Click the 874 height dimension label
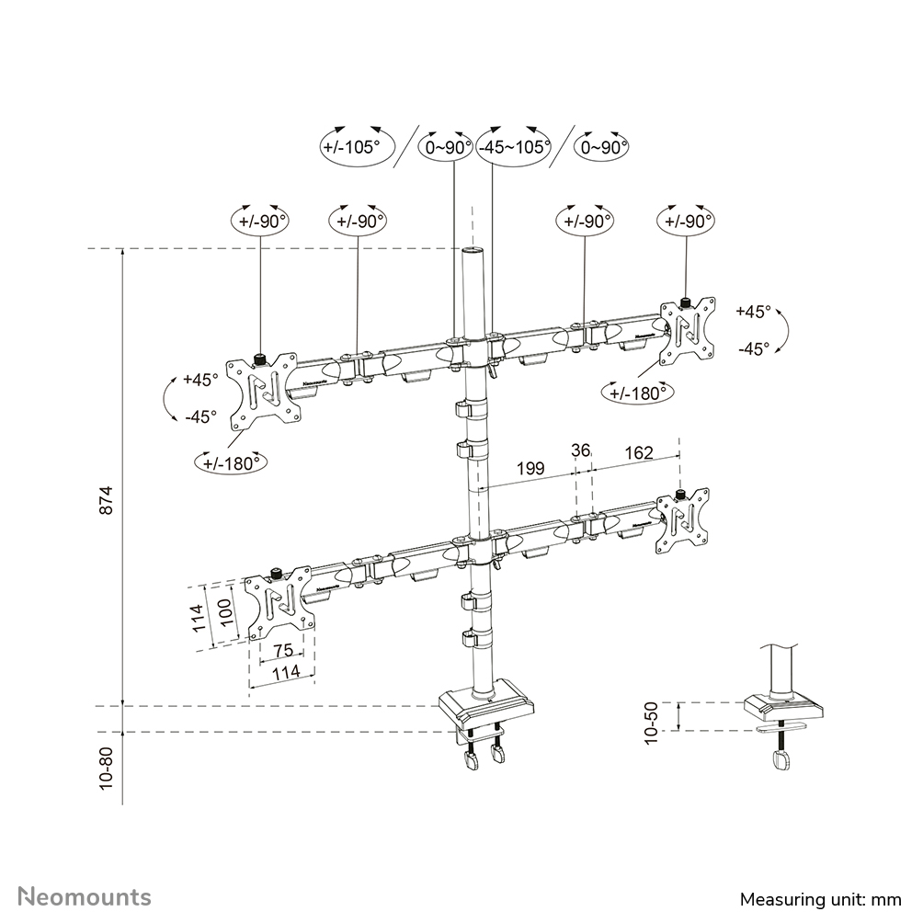point(107,498)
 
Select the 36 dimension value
point(580,451)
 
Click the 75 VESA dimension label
point(281,651)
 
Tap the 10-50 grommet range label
point(652,722)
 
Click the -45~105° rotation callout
point(513,146)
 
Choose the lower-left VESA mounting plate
point(279,604)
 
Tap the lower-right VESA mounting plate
point(682,521)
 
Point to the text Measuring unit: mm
point(820,898)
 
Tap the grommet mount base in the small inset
point(782,709)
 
